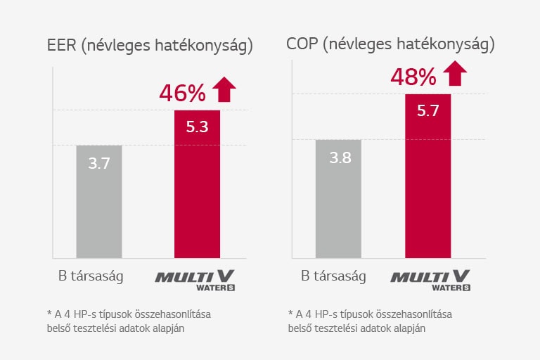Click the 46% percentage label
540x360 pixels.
coord(182,93)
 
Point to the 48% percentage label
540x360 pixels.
coord(413,77)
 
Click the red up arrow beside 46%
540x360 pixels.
coord(224,90)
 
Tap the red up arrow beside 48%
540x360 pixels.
coord(455,73)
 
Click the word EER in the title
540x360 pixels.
coord(61,46)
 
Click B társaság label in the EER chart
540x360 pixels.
coord(91,276)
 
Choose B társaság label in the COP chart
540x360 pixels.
coord(333,276)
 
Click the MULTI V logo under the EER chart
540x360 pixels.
coord(196,278)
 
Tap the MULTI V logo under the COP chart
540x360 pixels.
coord(430,278)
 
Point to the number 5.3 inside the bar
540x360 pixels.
coord(197,127)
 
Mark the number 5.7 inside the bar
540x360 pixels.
coord(427,110)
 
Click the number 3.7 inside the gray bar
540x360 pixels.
coord(98,164)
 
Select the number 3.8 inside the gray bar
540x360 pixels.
coord(340,157)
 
